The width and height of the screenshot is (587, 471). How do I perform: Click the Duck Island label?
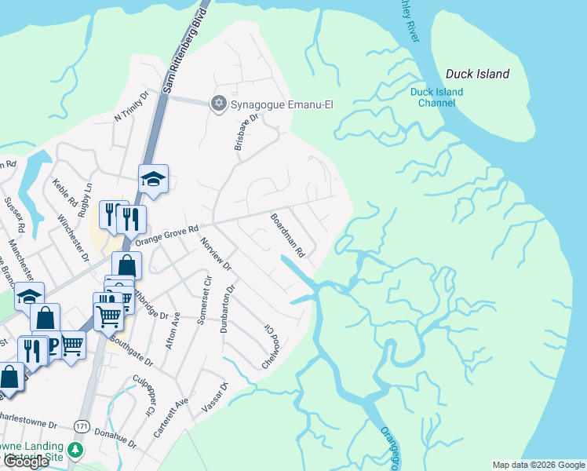[477, 75]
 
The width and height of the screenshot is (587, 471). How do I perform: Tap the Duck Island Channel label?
[436, 97]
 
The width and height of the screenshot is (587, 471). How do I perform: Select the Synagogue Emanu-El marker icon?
[218, 104]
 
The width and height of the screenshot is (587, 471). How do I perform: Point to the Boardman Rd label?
[287, 235]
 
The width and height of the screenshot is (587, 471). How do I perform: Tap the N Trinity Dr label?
[130, 107]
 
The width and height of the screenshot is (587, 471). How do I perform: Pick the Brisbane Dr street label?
[246, 130]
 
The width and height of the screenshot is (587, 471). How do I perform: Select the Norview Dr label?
[216, 254]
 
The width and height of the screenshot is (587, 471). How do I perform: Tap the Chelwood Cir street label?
[270, 347]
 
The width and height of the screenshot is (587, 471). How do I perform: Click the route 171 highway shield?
[82, 425]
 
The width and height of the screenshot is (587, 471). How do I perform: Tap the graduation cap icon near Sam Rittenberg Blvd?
[154, 180]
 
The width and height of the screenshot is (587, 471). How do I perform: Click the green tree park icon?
[75, 450]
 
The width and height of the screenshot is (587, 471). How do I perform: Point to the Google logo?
[25, 462]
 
